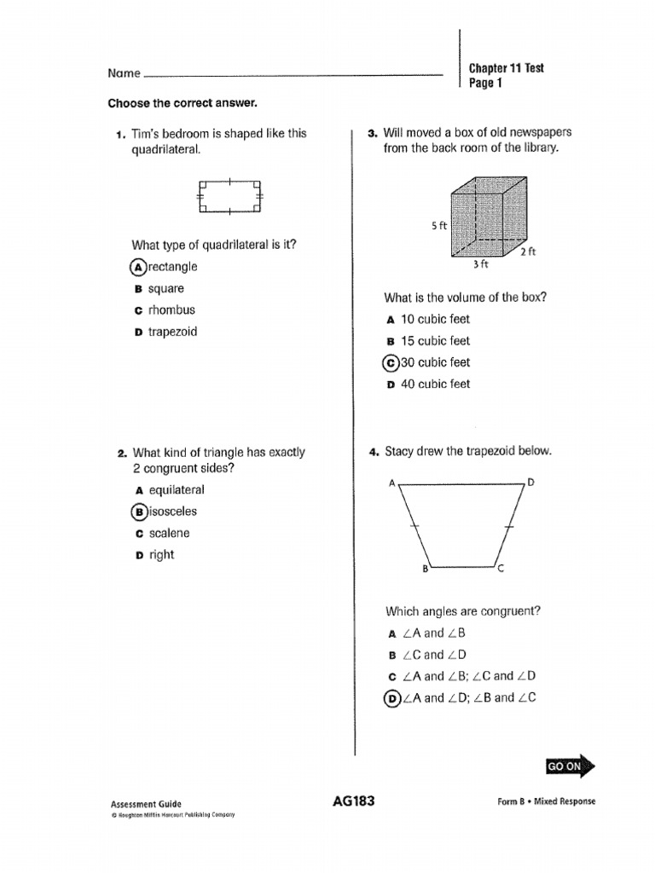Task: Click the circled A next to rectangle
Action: tap(138, 267)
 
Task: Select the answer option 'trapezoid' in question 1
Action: tap(172, 332)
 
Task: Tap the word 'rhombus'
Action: tap(171, 310)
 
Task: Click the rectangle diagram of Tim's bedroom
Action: tap(229, 196)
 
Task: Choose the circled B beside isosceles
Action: tap(138, 512)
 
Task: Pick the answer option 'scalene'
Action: tap(169, 534)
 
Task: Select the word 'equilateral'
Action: tap(177, 490)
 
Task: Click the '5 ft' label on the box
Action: tap(438, 226)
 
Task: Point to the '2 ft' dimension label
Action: tap(528, 251)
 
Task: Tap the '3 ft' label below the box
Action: tap(480, 265)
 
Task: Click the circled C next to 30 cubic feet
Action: tap(391, 362)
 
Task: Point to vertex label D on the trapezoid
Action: tap(530, 483)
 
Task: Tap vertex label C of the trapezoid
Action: tap(501, 571)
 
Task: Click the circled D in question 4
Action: tap(392, 697)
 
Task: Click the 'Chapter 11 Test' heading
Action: tap(506, 68)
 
